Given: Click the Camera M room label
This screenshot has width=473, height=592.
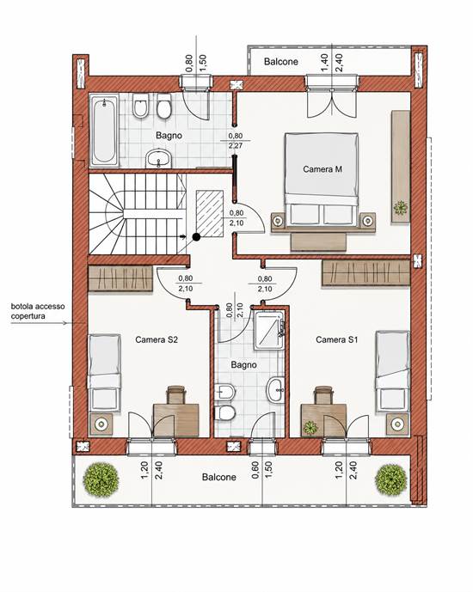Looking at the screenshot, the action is tap(322, 169).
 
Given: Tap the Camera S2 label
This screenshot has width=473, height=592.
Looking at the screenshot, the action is tap(157, 339).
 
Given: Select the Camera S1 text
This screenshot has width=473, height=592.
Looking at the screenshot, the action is tap(336, 339).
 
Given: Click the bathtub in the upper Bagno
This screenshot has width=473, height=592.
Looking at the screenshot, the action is tap(104, 131).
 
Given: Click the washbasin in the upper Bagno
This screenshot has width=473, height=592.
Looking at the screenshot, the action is tap(159, 158).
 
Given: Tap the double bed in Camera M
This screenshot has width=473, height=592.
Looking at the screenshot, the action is tap(322, 180).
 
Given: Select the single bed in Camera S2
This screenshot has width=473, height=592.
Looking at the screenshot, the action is tap(104, 372).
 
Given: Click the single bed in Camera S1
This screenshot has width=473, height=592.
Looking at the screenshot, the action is tap(392, 371).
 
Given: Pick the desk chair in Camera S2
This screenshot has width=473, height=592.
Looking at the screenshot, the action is tap(176, 394).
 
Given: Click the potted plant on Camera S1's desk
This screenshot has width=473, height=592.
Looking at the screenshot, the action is tap(310, 427).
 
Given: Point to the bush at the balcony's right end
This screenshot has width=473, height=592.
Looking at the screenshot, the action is tap(391, 479).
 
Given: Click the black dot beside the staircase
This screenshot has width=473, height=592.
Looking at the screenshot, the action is tap(196, 237).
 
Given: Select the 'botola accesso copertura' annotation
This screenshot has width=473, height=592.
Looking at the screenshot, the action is tap(38, 311).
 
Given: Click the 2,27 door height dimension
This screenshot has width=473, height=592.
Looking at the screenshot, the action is tap(236, 145).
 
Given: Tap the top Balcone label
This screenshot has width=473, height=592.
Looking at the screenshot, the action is tap(281, 62).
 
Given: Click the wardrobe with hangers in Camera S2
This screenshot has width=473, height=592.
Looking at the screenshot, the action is tap(120, 278).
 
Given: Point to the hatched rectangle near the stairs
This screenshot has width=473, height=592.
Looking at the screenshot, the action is tap(209, 213).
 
